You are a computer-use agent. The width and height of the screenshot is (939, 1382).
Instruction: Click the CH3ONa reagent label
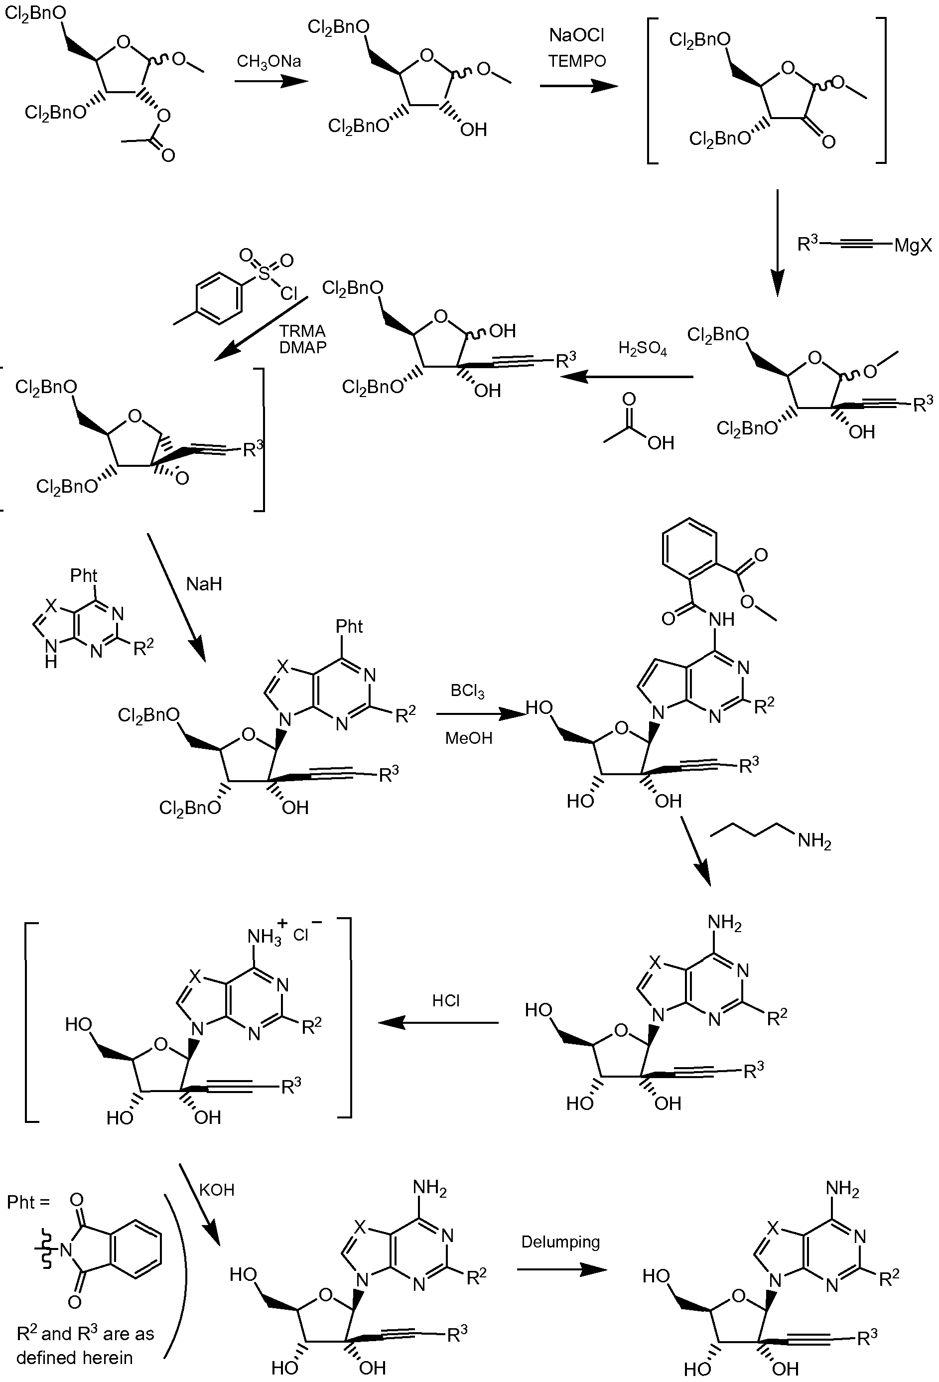(269, 62)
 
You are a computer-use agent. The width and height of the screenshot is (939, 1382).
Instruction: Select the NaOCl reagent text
(576, 36)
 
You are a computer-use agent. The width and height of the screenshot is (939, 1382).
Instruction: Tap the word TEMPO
(577, 61)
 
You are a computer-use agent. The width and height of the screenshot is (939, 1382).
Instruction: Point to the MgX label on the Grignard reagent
(913, 245)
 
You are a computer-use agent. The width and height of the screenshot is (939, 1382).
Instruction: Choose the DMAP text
(303, 347)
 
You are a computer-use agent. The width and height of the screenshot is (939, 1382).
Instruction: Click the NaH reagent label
(204, 584)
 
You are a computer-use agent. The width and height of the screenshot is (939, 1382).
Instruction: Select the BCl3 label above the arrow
(467, 691)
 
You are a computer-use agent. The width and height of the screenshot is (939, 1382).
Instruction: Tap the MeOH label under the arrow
(469, 738)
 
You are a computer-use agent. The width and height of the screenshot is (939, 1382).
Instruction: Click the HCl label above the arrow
(446, 1001)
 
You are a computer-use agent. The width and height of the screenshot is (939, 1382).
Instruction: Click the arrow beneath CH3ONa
(271, 80)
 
